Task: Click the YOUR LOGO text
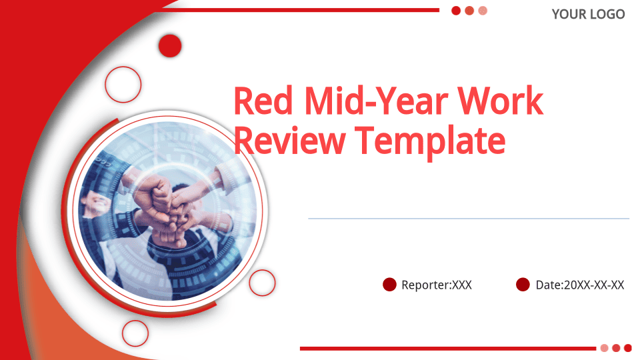(588, 14)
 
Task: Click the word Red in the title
(263, 101)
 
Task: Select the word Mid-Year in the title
(376, 102)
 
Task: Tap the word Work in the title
(500, 101)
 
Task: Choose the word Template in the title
(430, 142)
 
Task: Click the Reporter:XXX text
(436, 285)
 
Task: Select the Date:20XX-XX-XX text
(579, 285)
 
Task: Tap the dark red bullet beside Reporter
(389, 285)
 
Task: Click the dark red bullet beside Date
(523, 285)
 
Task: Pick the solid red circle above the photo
(170, 46)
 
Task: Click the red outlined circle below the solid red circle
(123, 67)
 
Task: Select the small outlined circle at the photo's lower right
(262, 270)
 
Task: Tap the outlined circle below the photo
(135, 321)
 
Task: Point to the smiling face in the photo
(96, 202)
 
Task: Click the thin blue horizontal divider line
(469, 219)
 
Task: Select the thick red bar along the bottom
(448, 349)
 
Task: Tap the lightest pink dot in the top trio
(483, 11)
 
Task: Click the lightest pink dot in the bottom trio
(605, 348)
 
